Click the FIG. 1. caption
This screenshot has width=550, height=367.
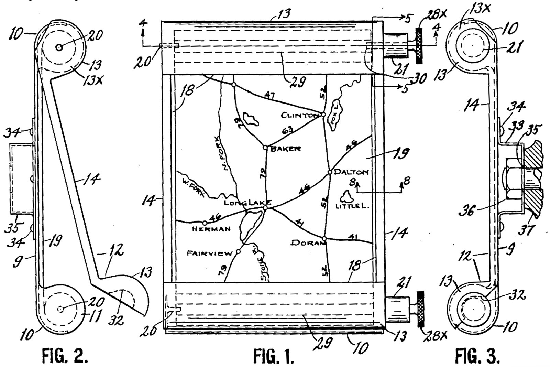(x=274, y=356)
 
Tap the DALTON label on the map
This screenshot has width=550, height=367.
(x=351, y=172)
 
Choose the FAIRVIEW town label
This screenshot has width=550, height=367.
(x=209, y=253)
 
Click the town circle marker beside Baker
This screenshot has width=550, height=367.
(x=265, y=148)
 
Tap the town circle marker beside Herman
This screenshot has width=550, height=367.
(x=205, y=223)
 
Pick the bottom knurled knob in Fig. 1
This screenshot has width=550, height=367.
(x=420, y=309)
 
